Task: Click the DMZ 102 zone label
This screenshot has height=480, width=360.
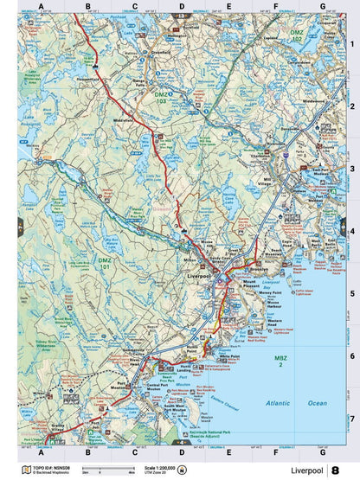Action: click(x=297, y=37)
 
